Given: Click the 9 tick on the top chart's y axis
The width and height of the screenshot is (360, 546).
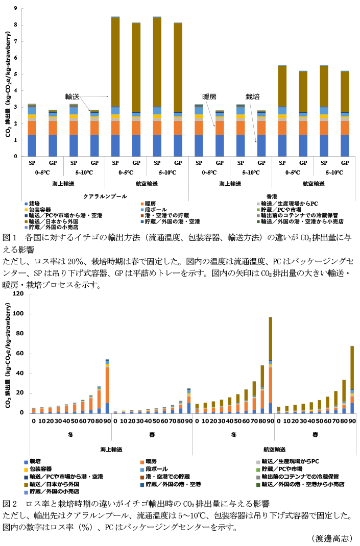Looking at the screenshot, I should (16, 9).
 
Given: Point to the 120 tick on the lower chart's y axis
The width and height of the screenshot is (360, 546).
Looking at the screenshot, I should (18, 294).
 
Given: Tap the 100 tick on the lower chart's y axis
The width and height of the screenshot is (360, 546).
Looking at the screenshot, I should (18, 314).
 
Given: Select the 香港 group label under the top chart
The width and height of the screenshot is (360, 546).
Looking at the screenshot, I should (272, 195).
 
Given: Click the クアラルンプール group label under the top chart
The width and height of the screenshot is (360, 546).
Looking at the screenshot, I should (105, 195).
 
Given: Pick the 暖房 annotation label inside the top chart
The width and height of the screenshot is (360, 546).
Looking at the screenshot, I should (209, 96).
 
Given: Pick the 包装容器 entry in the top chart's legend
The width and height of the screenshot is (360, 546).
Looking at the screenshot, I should (40, 210).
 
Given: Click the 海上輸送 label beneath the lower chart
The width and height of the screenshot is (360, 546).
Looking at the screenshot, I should (111, 450).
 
